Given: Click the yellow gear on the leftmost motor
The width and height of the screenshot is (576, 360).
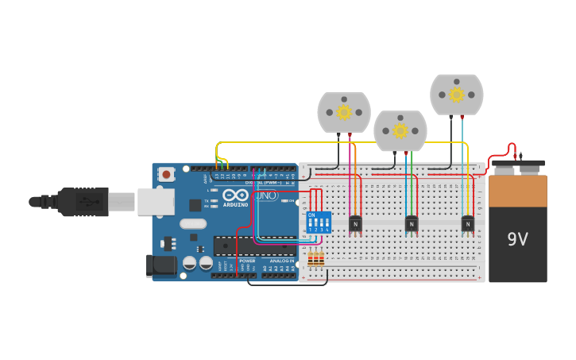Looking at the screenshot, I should [344, 112].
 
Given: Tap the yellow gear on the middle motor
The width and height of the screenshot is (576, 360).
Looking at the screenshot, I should [400, 130].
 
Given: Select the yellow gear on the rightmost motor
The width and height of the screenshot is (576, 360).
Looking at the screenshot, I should [457, 95].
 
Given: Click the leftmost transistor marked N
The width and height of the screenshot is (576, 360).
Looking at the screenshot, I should [355, 224].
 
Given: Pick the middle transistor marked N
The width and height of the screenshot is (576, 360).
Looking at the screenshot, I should [412, 224].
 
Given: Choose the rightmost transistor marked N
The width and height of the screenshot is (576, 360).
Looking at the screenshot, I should [468, 224].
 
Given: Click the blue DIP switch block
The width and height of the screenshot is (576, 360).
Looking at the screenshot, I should [319, 222].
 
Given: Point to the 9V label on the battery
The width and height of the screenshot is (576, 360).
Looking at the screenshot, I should [518, 239].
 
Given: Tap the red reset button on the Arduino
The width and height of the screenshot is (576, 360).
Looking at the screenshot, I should [166, 174].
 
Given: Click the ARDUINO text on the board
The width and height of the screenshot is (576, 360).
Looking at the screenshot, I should [235, 204].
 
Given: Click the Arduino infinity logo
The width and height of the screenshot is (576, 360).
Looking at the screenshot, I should [235, 195].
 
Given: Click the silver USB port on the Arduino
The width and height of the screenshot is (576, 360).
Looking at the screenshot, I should [156, 202].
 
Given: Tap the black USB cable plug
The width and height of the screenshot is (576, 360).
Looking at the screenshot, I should [83, 202].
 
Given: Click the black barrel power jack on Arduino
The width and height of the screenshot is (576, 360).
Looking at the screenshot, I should [161, 265].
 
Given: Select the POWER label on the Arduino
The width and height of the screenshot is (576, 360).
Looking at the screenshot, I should [248, 261].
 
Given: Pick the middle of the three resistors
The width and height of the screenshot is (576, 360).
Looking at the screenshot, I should [316, 259].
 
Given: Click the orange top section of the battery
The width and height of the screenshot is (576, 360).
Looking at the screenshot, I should [518, 191].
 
